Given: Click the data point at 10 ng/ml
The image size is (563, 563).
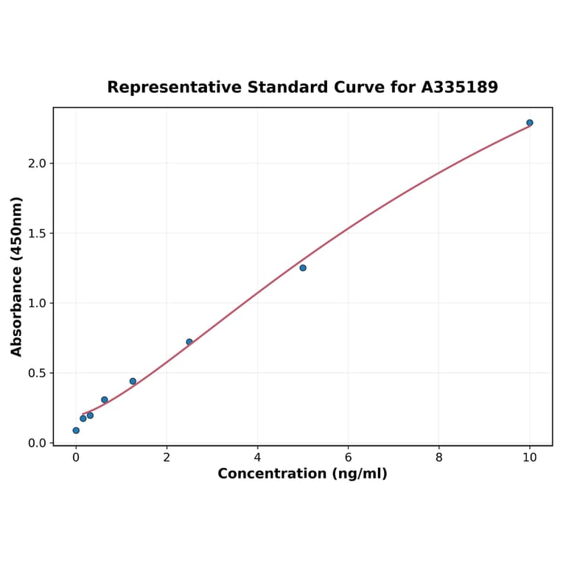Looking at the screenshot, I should (529, 123).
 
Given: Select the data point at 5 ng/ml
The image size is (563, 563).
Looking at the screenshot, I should (303, 267).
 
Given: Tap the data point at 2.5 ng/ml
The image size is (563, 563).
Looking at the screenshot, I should (189, 342).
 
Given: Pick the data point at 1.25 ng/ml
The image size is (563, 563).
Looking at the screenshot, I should (133, 381).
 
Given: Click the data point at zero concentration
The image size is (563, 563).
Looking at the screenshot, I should (76, 430).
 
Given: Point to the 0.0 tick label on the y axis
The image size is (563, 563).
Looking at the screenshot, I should (37, 443).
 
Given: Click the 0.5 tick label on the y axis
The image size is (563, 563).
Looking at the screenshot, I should (37, 373).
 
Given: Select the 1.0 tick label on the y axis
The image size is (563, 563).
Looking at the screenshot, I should (37, 303).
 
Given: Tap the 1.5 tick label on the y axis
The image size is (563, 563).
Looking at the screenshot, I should (37, 234).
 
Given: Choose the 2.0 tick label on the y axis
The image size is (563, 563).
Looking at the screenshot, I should (37, 164).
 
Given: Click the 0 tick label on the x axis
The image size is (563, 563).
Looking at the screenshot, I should (76, 458).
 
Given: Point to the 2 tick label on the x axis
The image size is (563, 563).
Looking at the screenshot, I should (167, 458).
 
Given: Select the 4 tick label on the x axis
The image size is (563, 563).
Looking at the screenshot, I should (257, 458).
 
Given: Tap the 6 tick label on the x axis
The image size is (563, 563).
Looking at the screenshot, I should (348, 458).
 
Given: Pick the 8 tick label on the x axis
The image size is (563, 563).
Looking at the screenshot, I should (438, 458).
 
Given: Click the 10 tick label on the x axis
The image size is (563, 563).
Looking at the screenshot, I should (529, 458).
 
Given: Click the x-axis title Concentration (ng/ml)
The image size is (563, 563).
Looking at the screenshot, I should (302, 474).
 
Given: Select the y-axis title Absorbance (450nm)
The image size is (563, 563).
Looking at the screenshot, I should (17, 276).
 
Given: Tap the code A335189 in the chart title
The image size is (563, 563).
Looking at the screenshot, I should (460, 88).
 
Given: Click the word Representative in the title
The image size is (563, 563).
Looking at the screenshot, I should (174, 88).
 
